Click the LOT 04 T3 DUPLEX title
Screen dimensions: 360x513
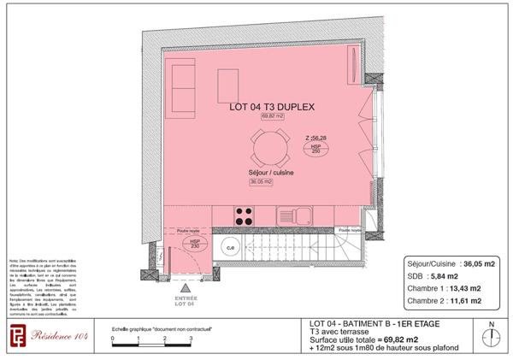click(x=273, y=109)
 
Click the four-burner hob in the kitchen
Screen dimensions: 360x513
click(x=243, y=215)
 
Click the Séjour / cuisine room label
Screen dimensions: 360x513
click(x=272, y=173)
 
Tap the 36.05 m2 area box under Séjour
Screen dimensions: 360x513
click(x=261, y=182)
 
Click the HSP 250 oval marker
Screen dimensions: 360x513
click(x=316, y=149)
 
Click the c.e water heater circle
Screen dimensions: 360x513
click(x=229, y=248)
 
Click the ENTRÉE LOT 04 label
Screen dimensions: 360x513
click(x=186, y=301)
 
